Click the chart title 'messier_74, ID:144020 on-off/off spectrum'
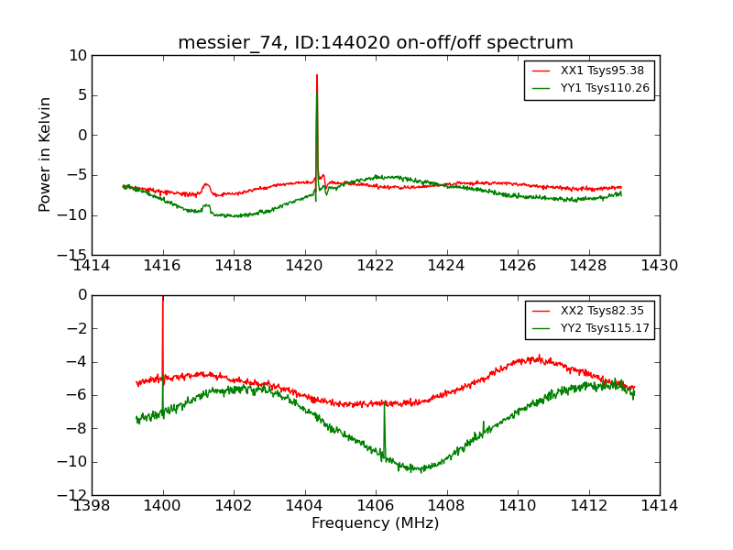coord(376,43)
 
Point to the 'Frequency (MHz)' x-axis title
coord(376,523)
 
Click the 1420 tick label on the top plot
coord(305,266)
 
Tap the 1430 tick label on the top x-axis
coord(660,266)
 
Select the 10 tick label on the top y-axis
coord(78,56)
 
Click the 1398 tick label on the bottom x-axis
coord(92,506)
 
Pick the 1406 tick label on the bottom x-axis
coord(376,506)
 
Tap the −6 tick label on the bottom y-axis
coord(75,395)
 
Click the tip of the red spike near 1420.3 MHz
coord(317,75)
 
